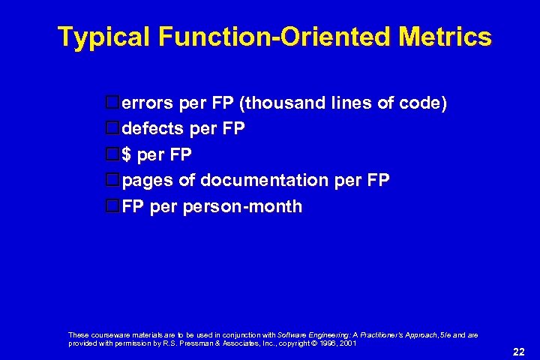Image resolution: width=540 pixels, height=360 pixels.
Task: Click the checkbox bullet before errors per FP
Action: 112,103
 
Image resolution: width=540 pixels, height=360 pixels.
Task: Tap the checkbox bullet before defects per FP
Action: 112,129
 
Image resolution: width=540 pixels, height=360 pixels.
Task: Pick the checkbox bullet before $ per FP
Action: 112,154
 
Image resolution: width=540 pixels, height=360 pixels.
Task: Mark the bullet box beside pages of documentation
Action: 112,180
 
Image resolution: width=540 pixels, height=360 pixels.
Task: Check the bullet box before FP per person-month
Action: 112,206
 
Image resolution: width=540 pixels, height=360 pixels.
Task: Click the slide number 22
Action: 517,350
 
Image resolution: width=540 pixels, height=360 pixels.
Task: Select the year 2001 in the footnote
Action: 347,342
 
